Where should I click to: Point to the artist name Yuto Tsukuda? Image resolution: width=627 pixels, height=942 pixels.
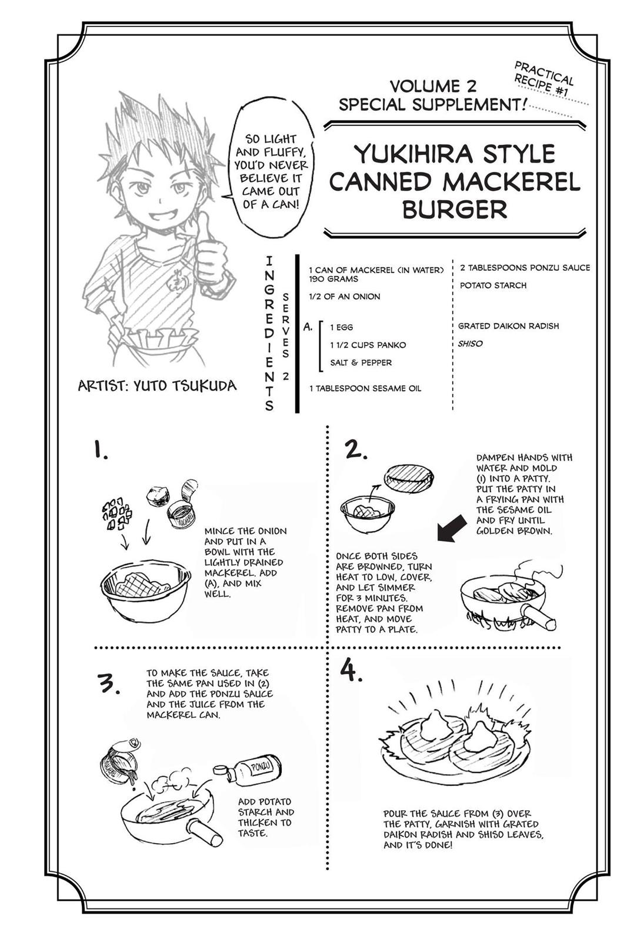(157, 385)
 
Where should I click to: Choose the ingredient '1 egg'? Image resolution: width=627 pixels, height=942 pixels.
(342, 327)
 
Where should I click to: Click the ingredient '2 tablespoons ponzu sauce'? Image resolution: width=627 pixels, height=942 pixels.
(525, 267)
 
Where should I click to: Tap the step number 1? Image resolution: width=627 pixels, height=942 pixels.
(100, 451)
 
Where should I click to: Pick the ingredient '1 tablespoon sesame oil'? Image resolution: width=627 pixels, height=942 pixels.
(365, 388)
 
